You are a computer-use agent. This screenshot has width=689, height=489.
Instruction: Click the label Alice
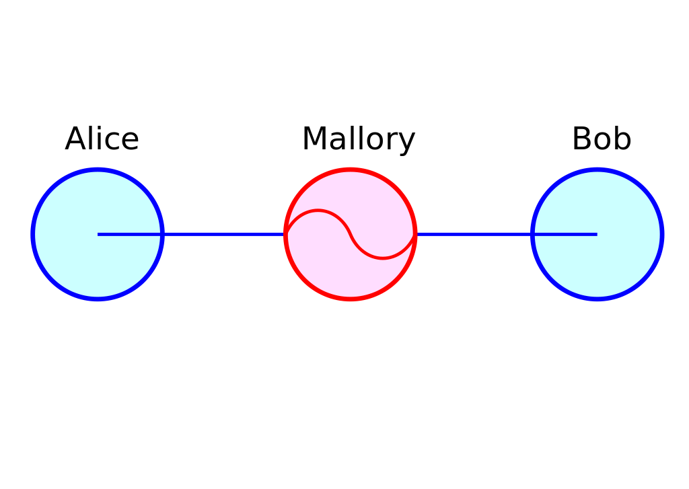(102, 139)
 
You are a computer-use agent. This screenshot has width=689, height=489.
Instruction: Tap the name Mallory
(359, 140)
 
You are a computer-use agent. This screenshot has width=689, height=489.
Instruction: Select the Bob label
(602, 139)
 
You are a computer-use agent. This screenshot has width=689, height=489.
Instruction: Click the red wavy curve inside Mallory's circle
(350, 234)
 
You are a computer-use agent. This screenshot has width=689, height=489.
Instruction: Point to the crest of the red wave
(318, 211)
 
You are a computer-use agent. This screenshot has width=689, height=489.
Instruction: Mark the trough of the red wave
(383, 258)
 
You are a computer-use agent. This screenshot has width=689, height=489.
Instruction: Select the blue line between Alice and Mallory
(190, 234)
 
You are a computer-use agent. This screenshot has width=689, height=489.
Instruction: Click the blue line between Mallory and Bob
(506, 234)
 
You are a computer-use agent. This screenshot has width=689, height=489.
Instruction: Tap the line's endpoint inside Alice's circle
(98, 234)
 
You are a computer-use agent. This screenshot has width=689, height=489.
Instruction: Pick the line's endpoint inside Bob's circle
(597, 234)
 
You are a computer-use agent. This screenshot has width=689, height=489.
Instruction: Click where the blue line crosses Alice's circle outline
(162, 234)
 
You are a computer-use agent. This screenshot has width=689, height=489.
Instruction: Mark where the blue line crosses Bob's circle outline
(533, 234)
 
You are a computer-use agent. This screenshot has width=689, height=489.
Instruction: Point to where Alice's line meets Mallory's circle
(285, 234)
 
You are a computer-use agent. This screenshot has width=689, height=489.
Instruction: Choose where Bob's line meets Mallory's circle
(415, 234)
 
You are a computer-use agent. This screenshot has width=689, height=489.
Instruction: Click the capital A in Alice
(76, 139)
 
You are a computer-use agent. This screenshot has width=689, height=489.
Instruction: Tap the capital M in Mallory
(314, 139)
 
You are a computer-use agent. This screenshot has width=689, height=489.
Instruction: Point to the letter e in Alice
(130, 142)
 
